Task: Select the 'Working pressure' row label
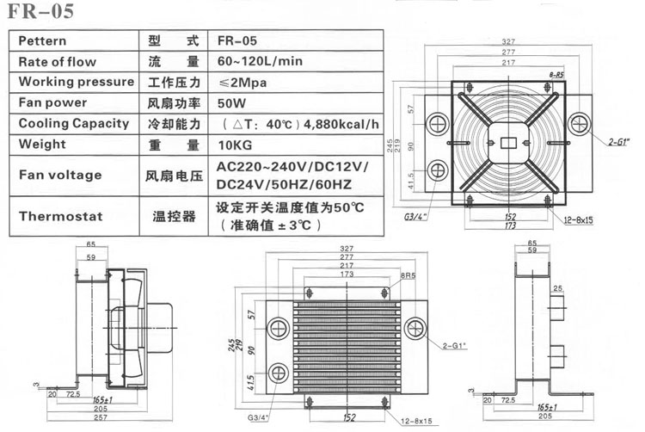tap(76, 82)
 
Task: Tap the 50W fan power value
tap(231, 102)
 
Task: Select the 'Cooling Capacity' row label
tap(73, 123)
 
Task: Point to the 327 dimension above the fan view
tap(507, 40)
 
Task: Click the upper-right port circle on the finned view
tap(415, 326)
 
